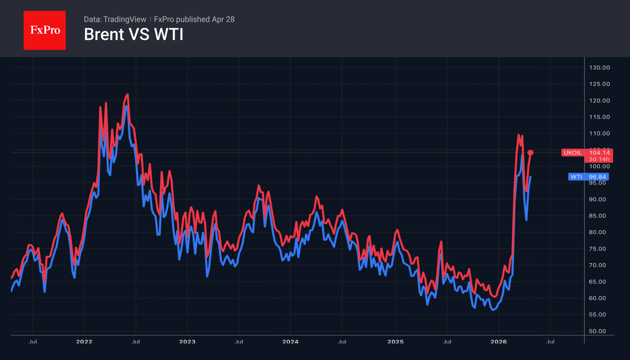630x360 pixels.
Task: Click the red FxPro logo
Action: coord(44,31)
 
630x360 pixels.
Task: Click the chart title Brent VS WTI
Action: coord(133,35)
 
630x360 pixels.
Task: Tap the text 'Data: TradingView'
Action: coord(115,20)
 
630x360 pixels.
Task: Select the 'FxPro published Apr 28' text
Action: coord(194,20)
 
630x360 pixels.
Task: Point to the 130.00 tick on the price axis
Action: coord(599,68)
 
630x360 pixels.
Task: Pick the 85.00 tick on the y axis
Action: coord(599,216)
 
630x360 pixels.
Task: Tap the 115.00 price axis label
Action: coord(599,117)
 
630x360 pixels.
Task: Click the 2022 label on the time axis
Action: coord(84,342)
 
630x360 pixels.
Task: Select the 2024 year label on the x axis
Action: coord(290,342)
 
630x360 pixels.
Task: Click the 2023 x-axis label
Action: coord(187,342)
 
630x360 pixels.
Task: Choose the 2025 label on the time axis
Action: coord(395,342)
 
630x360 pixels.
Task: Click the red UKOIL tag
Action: coord(572,153)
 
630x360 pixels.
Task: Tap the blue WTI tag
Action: coord(576,177)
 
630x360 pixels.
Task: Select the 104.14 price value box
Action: coord(599,153)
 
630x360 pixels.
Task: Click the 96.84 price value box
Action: coord(598,177)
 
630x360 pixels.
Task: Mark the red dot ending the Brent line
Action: coord(530,153)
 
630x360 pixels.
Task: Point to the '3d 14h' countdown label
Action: coord(599,159)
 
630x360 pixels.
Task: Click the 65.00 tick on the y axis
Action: coord(599,282)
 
